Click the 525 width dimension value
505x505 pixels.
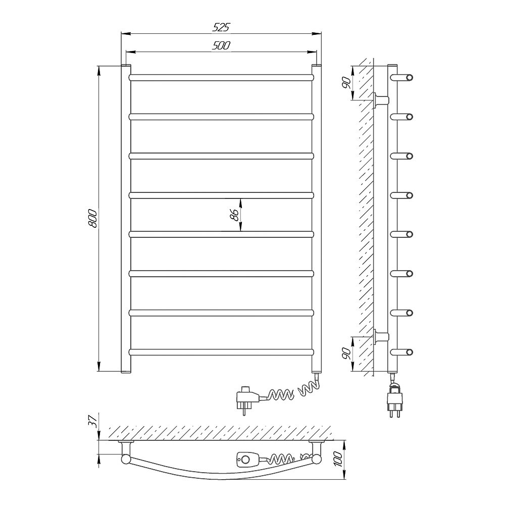tap(221, 27)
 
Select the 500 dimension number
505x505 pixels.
tap(221, 45)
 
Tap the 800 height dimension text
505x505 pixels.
tap(93, 219)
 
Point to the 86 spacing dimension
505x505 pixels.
tap(235, 215)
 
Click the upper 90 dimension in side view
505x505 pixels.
tap(346, 83)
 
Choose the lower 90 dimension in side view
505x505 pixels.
tap(346, 353)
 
